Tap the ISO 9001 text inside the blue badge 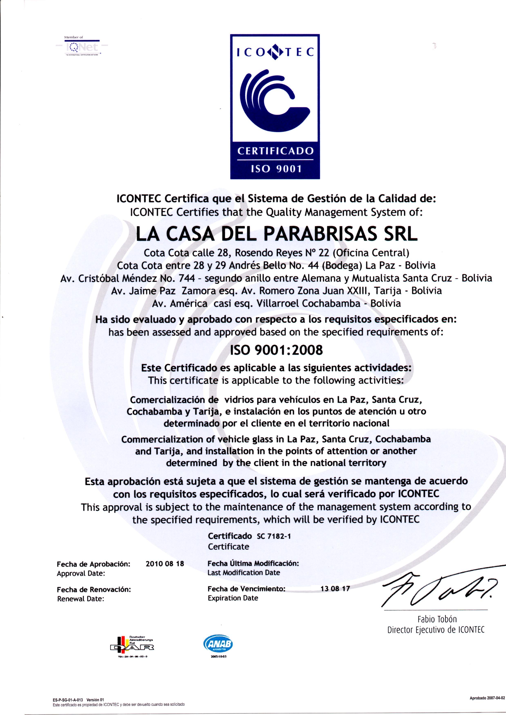275,169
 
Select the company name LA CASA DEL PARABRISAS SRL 277,235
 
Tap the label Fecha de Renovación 94,589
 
